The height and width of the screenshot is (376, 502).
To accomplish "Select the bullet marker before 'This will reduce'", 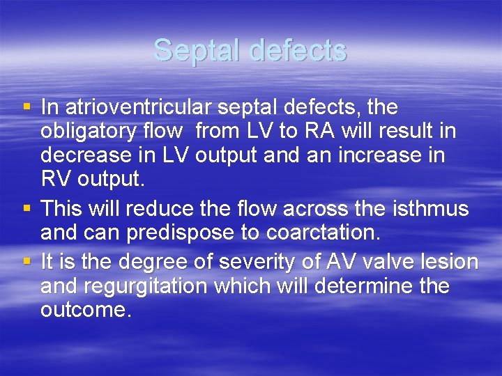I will click(x=26, y=208).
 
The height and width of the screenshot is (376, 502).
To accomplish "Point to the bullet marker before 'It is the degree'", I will click(x=26, y=262).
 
